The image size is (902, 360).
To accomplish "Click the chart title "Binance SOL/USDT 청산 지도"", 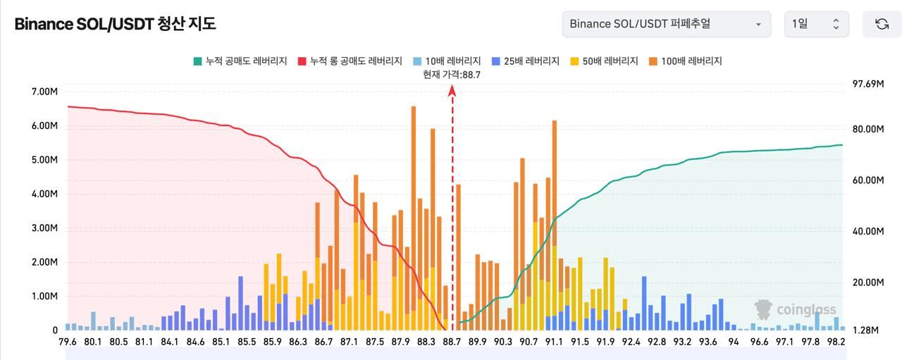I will click(x=115, y=24).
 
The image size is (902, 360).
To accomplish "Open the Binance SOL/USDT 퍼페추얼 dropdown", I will click(x=665, y=24).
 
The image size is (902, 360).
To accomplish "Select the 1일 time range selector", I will click(x=816, y=24).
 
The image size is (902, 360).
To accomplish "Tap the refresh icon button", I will click(x=882, y=24).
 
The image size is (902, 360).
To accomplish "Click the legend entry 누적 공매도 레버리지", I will click(x=240, y=61).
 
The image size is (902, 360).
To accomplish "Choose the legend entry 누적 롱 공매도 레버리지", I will click(x=350, y=61).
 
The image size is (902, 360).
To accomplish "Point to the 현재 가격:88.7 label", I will click(x=451, y=74).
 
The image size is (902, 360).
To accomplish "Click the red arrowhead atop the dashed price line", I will click(x=452, y=90).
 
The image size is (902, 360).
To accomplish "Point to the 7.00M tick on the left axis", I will click(x=44, y=92).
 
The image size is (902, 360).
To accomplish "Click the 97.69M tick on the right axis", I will click(x=868, y=84).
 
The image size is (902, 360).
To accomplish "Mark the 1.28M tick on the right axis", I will click(x=865, y=330).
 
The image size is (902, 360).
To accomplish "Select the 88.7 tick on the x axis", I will click(x=451, y=342).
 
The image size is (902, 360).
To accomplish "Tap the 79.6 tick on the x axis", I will click(x=68, y=342).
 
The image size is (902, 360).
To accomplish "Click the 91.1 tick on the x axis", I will click(x=554, y=342).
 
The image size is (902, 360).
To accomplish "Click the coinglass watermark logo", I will click(x=796, y=309).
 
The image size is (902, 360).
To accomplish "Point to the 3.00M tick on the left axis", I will click(x=44, y=228).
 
